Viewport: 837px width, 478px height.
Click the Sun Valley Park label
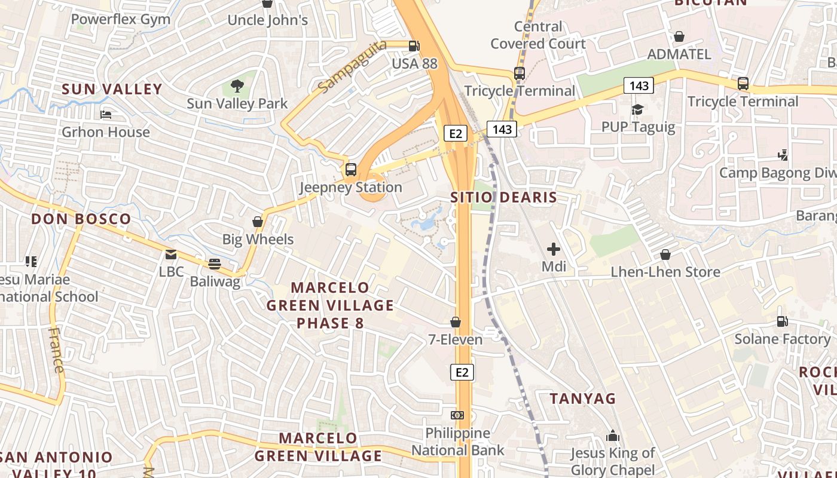pyautogui.click(x=237, y=103)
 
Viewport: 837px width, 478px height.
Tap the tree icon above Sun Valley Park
pyautogui.click(x=237, y=86)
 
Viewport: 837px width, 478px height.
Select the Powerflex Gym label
pyautogui.click(x=121, y=19)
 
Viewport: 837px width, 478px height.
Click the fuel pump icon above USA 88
pyautogui.click(x=414, y=46)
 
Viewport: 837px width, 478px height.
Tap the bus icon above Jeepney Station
pyautogui.click(x=351, y=170)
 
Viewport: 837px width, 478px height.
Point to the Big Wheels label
pyautogui.click(x=258, y=240)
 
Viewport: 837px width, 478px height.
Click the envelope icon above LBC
pyautogui.click(x=172, y=255)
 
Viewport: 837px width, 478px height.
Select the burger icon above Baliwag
pyautogui.click(x=215, y=264)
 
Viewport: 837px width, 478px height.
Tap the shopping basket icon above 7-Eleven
pyautogui.click(x=456, y=323)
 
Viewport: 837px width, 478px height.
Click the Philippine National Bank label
pyautogui.click(x=457, y=442)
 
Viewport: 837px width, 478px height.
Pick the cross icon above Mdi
pyautogui.click(x=554, y=249)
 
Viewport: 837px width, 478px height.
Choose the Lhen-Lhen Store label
pyautogui.click(x=665, y=272)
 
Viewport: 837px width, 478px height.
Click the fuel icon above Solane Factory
pyautogui.click(x=782, y=321)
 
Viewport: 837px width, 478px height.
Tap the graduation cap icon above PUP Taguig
pyautogui.click(x=638, y=110)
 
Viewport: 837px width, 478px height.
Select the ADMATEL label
pyautogui.click(x=679, y=54)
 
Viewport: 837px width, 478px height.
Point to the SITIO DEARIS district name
pyautogui.click(x=503, y=197)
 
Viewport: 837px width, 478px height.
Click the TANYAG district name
pyautogui.click(x=582, y=399)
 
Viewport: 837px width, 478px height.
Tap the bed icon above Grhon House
pyautogui.click(x=106, y=115)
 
